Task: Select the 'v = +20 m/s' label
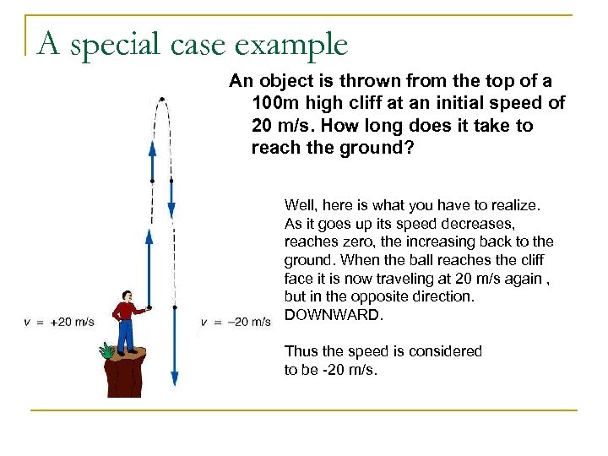[x=59, y=322]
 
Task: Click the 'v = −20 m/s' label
[x=236, y=322]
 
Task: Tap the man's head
[x=127, y=296]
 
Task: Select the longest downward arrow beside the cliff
[x=174, y=346]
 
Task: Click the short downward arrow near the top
[x=171, y=198]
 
